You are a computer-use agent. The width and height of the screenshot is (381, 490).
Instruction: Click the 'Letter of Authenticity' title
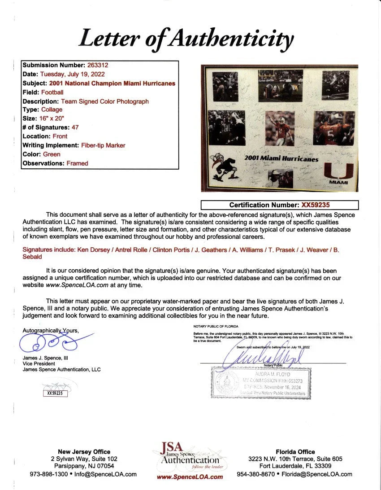(x=186, y=39)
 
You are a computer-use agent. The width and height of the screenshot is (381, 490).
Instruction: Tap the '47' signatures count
(x=75, y=127)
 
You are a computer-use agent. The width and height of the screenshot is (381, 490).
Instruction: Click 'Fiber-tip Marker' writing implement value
(x=103, y=145)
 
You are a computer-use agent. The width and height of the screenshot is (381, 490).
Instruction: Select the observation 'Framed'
(x=77, y=163)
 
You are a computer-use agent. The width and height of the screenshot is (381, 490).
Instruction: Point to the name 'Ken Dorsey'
(x=91, y=250)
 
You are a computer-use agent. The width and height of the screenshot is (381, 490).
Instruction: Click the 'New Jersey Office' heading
(x=84, y=452)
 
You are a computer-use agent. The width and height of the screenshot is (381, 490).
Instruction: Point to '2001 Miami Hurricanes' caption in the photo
(x=281, y=159)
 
